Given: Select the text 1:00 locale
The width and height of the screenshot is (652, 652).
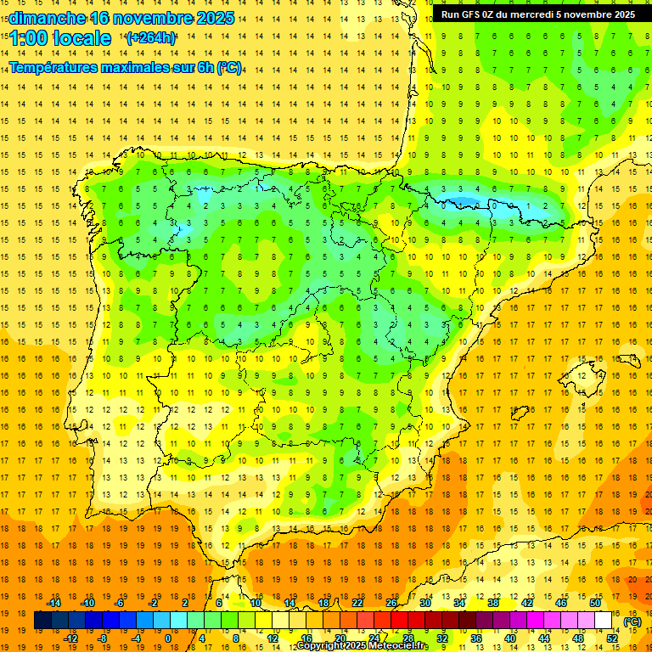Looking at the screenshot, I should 60,38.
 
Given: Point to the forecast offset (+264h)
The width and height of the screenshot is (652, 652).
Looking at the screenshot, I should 151,38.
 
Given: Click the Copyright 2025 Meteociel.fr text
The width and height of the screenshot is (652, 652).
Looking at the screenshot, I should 363,646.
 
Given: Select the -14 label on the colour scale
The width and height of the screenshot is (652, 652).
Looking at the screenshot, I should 54,603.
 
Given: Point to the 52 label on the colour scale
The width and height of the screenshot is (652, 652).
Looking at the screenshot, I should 612,638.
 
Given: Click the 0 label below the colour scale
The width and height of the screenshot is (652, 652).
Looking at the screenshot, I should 168,638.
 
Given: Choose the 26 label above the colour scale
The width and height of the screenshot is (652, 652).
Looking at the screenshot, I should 392,603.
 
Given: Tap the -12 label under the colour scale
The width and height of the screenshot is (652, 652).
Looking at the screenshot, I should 70,638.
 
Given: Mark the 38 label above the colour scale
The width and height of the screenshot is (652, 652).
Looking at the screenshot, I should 493,603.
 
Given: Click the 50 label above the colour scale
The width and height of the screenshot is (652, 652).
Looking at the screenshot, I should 594,603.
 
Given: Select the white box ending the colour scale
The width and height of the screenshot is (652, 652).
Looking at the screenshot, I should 604,621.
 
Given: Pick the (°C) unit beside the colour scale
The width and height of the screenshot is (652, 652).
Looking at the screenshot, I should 632,621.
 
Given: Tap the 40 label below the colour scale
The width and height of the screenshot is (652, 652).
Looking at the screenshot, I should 509,638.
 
